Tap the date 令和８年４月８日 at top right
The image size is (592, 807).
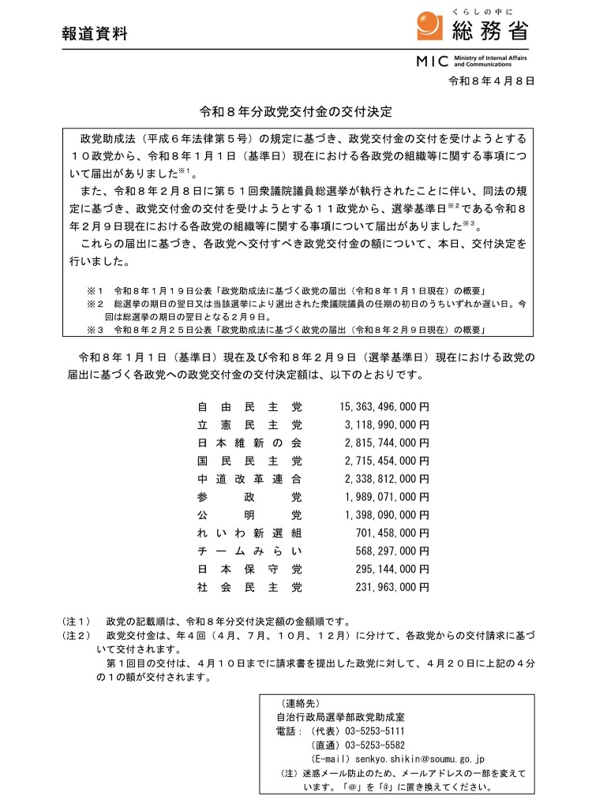pyautogui.click(x=491, y=80)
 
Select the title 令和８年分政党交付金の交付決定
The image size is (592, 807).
pyautogui.click(x=295, y=113)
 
